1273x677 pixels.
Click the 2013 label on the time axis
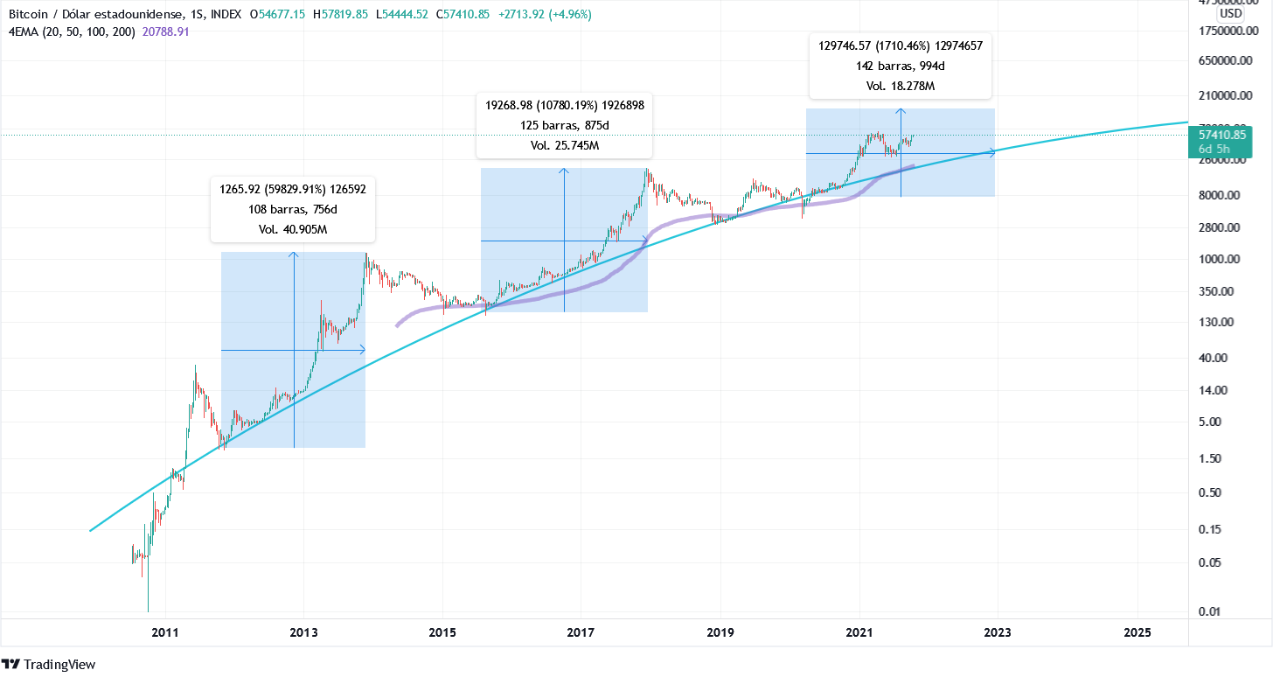tap(303, 632)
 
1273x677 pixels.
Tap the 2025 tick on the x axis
tap(1137, 632)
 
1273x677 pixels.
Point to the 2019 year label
tap(720, 632)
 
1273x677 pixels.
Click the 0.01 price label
tap(1233, 611)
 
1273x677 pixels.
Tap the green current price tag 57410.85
tap(1221, 135)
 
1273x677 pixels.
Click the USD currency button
tap(1231, 13)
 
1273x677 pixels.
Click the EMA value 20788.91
tap(165, 31)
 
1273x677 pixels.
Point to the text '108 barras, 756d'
tap(293, 209)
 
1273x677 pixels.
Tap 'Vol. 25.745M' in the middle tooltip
tap(564, 146)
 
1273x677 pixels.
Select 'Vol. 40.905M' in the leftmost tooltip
tap(293, 230)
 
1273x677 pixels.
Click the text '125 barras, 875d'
tap(564, 125)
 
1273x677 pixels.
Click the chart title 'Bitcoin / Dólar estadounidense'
tap(95, 15)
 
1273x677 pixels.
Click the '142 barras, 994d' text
tap(900, 66)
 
